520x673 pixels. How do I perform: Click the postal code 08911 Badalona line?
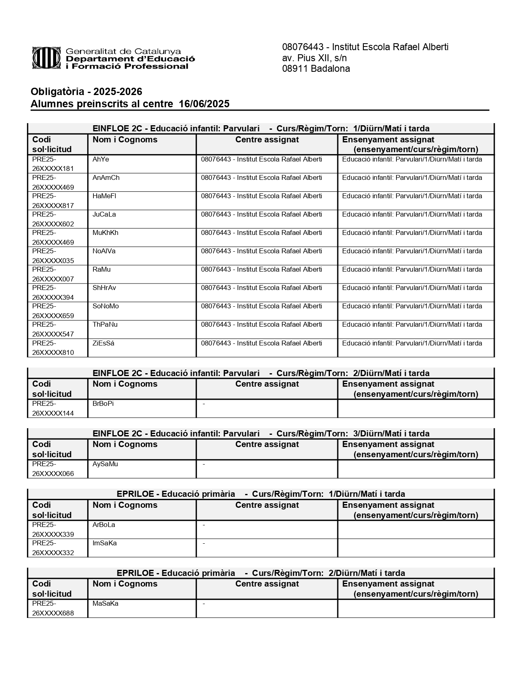point(316,69)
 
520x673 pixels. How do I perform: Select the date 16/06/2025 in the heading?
point(204,104)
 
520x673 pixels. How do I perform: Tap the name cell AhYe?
point(101,159)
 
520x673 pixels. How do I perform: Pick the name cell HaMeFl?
point(104,196)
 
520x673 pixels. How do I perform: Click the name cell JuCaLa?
point(104,215)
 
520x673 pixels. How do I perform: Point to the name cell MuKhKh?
point(105,233)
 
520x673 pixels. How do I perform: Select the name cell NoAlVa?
point(104,251)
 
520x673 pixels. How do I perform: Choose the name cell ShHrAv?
point(104,288)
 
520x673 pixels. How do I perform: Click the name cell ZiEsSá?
point(103,343)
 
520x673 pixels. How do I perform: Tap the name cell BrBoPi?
point(103,404)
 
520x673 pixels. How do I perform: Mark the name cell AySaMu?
point(105,464)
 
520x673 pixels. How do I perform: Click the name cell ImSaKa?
point(104,543)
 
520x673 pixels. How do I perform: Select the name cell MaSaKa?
point(105,604)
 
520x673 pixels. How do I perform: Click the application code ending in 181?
point(53,164)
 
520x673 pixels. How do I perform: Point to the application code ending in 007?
point(53,274)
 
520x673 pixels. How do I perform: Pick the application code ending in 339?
point(53,529)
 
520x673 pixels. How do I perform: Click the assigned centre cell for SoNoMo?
point(261,306)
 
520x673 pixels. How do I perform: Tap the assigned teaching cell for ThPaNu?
point(412,325)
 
